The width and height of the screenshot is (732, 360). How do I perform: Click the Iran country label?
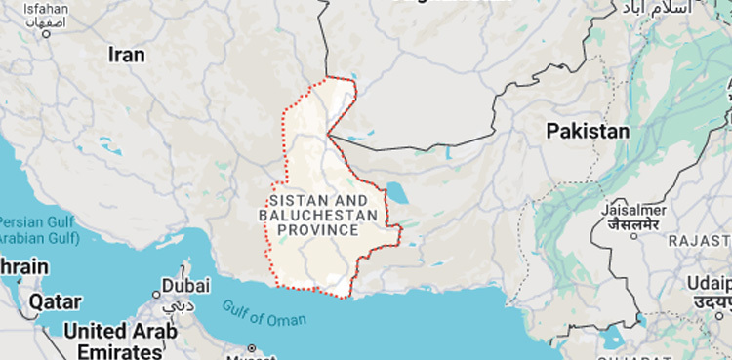126,55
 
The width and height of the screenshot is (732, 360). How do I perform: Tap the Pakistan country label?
588,131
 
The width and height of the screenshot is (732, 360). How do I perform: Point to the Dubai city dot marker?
156,293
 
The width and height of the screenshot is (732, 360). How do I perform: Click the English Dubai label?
185,286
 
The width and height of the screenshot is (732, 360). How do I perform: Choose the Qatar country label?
55,301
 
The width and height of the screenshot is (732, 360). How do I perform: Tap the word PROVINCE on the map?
317,230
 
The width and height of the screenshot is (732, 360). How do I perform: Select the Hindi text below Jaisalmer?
632,225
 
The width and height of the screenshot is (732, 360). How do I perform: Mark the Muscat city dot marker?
252,347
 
